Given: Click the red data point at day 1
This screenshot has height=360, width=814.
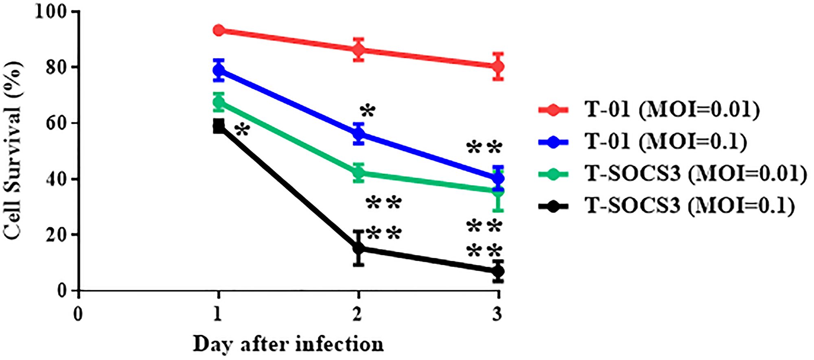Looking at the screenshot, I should click(x=219, y=30).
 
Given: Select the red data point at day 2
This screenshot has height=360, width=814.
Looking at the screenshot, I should click(x=359, y=50).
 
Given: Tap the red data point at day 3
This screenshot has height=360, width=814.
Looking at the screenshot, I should click(x=498, y=66).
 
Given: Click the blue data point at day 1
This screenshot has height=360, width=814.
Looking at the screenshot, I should click(x=219, y=70).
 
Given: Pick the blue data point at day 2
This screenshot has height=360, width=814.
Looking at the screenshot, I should click(x=359, y=133).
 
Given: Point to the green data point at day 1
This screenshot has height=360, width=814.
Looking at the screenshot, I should click(x=219, y=102).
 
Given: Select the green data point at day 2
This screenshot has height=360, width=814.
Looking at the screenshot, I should click(x=359, y=173).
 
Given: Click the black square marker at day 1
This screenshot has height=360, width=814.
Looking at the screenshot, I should click(x=219, y=126).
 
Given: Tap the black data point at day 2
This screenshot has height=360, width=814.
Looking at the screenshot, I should click(x=359, y=248).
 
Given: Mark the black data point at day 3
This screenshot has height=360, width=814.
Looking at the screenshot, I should click(x=498, y=271).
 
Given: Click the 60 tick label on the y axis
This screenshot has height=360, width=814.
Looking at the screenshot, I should click(x=56, y=123).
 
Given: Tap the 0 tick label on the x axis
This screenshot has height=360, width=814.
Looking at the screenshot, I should click(x=78, y=314).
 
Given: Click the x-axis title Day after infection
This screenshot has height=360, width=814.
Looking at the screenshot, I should click(x=288, y=344).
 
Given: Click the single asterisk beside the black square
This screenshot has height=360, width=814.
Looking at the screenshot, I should click(x=242, y=130).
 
